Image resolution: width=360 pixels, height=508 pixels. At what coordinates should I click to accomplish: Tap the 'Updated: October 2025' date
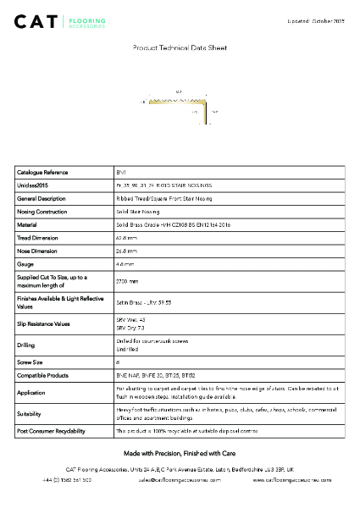click(x=317, y=19)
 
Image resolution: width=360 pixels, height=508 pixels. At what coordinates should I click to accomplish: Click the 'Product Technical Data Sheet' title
click(x=180, y=48)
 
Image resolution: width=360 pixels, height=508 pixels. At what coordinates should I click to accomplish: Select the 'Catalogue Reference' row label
click(x=42, y=172)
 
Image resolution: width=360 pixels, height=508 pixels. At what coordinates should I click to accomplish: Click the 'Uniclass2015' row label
click(x=34, y=185)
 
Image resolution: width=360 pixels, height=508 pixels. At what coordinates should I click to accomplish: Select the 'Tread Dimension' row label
click(x=38, y=238)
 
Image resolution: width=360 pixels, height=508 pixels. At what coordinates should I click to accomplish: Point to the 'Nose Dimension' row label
click(x=37, y=251)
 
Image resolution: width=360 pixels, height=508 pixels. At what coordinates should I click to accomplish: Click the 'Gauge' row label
click(x=25, y=264)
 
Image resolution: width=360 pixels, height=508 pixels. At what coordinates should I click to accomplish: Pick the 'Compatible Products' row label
click(x=42, y=373)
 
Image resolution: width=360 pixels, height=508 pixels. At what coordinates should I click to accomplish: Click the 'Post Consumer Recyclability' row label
click(x=52, y=431)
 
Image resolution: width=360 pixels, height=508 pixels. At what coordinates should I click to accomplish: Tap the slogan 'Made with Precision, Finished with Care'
click(x=180, y=453)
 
